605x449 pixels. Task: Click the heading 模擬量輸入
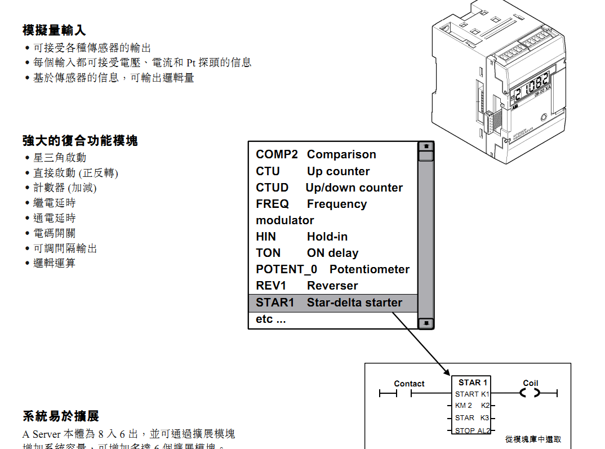54,30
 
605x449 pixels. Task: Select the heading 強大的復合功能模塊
80,140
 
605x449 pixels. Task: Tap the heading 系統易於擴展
61,416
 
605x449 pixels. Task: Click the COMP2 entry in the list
277,154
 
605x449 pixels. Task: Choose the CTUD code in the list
272,188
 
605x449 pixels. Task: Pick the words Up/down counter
354,188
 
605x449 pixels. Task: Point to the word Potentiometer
370,269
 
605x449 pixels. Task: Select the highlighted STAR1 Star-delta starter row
332,303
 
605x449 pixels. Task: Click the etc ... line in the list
271,319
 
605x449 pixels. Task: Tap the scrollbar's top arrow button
426,146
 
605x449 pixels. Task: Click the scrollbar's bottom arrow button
426,323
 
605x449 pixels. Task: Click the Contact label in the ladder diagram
409,384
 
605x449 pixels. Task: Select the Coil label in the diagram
531,383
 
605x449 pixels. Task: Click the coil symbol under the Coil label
530,393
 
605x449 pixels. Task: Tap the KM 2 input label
464,405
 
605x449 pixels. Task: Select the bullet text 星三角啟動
60,158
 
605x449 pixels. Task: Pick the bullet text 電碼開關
54,233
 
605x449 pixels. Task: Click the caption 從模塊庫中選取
533,439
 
